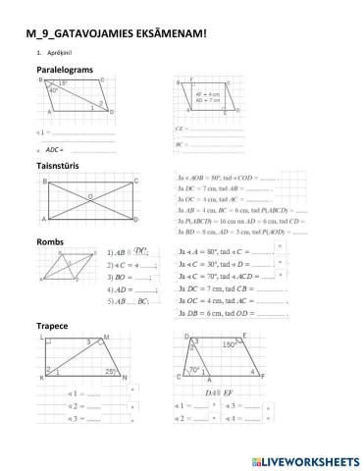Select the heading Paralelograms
tap(69, 71)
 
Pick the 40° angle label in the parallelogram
tap(53, 91)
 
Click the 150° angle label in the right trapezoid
tap(228, 345)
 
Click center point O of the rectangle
tap(91, 195)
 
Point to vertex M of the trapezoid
tap(106, 337)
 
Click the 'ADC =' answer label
tap(55, 149)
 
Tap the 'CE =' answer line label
tap(181, 128)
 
